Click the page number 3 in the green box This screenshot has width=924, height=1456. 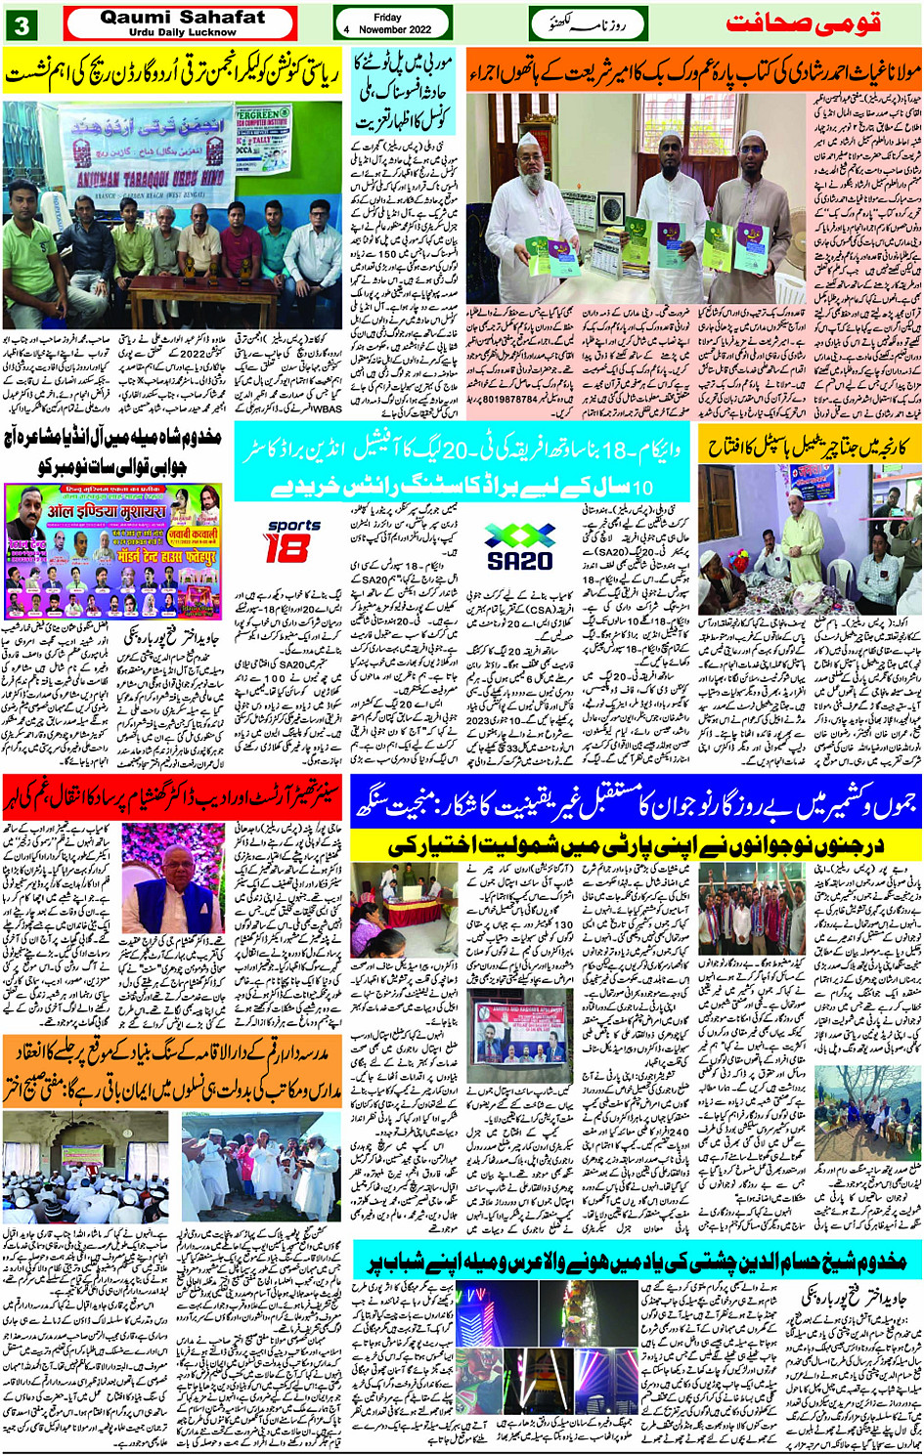(x=21, y=24)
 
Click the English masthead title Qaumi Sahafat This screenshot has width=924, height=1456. (x=182, y=17)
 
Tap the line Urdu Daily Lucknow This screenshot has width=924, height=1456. (x=182, y=32)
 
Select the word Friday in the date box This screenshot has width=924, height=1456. (x=387, y=17)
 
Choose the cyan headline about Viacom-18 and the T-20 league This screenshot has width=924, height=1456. (x=463, y=463)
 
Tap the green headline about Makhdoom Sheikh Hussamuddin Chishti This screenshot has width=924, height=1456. (x=636, y=1260)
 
